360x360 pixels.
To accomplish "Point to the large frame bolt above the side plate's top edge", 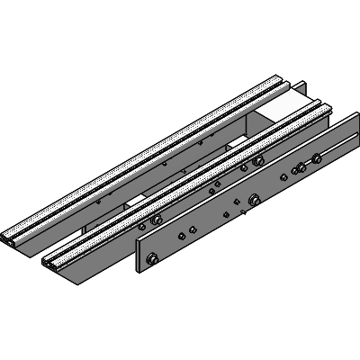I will coord(257,161).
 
